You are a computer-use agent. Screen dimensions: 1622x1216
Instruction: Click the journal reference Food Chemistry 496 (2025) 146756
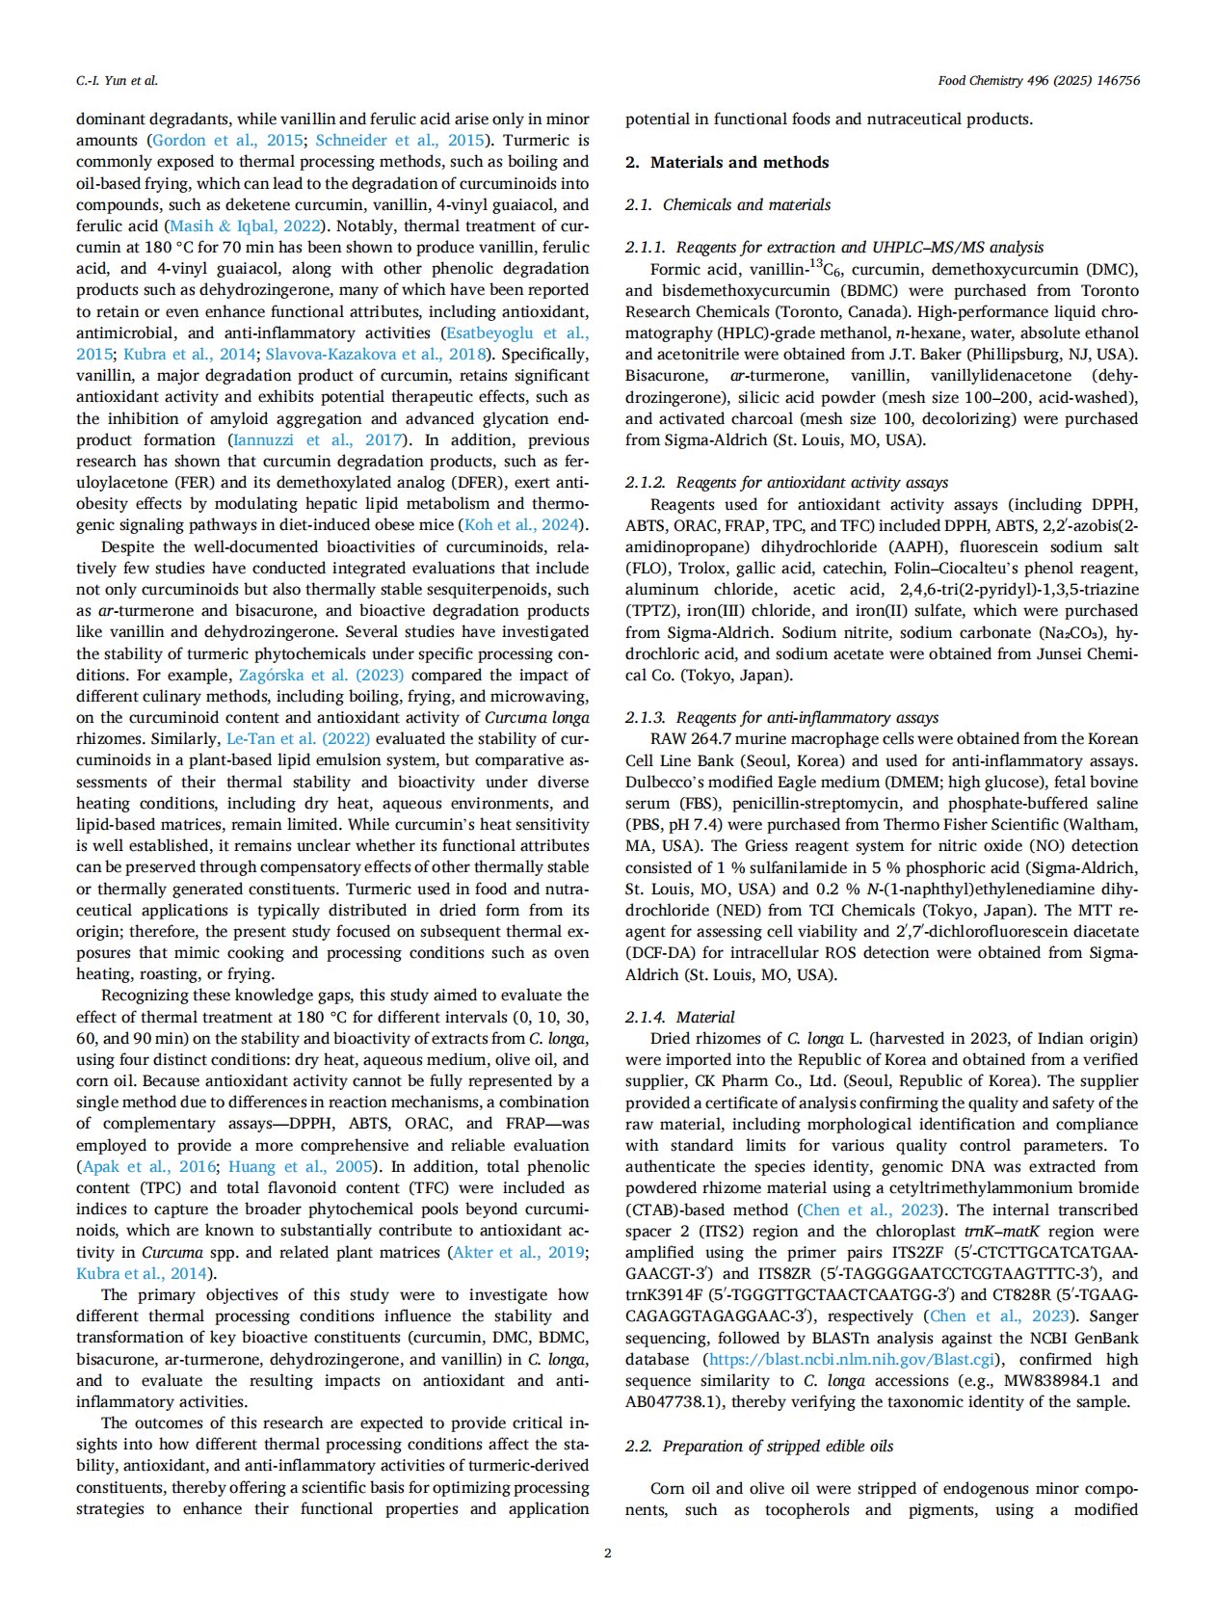[1038, 81]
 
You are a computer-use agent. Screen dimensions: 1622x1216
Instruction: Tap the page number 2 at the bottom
[607, 1553]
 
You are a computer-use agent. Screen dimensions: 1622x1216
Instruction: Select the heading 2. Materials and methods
[727, 162]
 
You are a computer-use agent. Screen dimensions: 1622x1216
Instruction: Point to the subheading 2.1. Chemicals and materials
[727, 204]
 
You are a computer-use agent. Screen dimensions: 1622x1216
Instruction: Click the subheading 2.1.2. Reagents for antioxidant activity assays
[786, 482]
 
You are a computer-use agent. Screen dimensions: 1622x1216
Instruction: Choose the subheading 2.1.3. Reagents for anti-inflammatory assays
[781, 717]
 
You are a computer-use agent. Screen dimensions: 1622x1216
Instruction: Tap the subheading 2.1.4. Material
[679, 1017]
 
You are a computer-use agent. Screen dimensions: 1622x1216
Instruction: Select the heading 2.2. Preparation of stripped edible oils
[759, 1446]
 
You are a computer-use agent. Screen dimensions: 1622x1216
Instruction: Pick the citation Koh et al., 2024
[522, 525]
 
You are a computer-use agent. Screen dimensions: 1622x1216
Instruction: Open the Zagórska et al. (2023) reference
[320, 675]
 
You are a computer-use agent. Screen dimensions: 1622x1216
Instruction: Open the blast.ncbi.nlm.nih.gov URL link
[851, 1359]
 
